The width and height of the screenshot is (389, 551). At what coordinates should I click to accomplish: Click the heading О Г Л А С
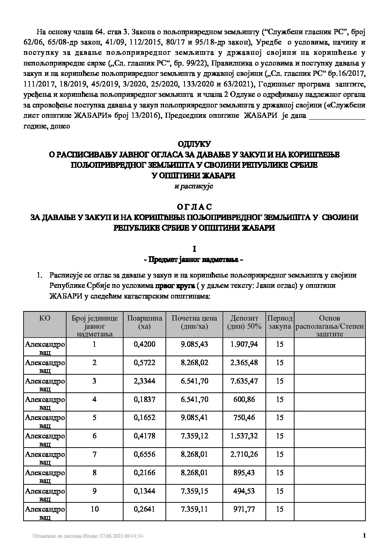[x=194, y=207]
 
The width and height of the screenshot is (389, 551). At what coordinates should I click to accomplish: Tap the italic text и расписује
[x=194, y=186]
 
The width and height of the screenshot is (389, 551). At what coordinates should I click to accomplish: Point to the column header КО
[x=44, y=318]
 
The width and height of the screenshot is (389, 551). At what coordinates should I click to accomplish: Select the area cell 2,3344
[x=144, y=381]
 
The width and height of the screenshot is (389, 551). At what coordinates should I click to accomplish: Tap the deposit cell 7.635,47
[x=244, y=381]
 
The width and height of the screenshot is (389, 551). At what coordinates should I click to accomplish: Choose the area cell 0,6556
[x=144, y=454]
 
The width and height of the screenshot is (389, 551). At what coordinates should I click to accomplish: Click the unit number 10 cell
[x=94, y=509]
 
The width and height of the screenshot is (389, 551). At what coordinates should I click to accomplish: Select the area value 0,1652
[x=144, y=418]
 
